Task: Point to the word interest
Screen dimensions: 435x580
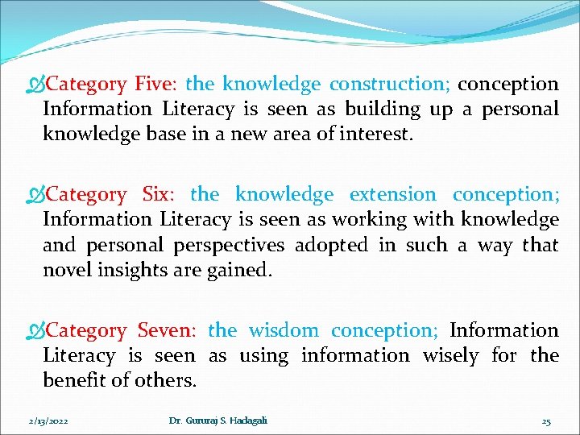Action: pyautogui.click(x=379, y=134)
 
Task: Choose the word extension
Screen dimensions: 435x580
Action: pyautogui.click(x=392, y=194)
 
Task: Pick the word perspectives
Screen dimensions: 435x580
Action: pyautogui.click(x=238, y=244)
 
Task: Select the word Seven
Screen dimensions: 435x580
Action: pyautogui.click(x=167, y=330)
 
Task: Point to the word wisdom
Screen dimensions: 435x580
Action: pyautogui.click(x=285, y=330)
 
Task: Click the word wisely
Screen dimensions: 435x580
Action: pyautogui.click(x=450, y=355)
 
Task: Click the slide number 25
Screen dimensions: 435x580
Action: pyautogui.click(x=546, y=421)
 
